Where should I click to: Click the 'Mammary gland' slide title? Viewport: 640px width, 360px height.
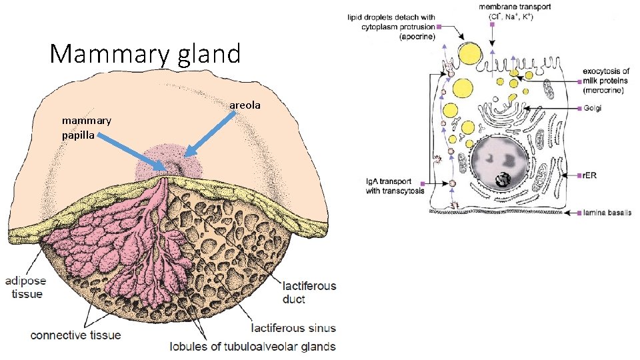[145, 53]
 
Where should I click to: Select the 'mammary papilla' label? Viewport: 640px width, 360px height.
[86, 127]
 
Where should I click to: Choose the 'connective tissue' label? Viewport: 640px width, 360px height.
[76, 335]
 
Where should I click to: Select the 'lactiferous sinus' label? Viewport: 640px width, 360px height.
[293, 328]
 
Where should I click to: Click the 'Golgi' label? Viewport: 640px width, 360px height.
[591, 109]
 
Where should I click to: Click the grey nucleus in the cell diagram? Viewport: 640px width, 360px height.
[499, 163]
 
